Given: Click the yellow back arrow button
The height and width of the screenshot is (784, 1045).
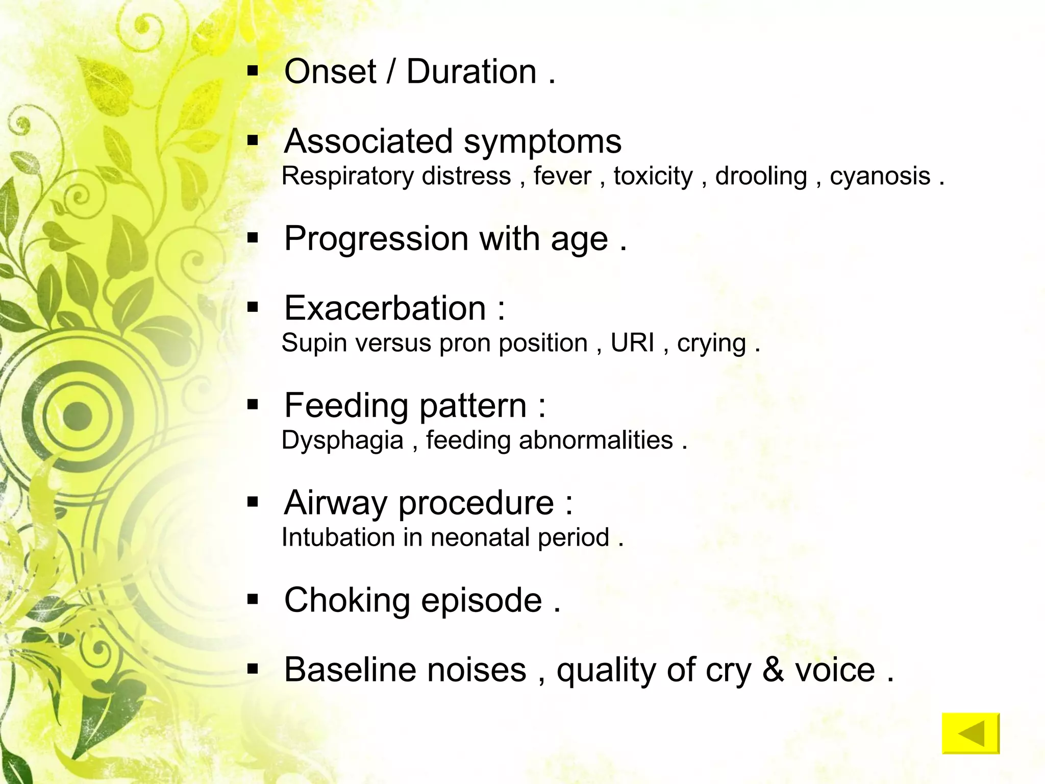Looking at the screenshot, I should point(971,733).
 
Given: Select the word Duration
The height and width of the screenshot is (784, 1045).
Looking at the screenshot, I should point(471,71).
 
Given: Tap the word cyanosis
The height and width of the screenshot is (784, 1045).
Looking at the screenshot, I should point(880,177).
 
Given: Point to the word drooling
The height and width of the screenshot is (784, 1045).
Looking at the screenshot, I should point(761,177).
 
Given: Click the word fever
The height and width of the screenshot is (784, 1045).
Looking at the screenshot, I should point(562,177).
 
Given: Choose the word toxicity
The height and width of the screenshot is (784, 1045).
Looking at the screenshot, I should point(653,177).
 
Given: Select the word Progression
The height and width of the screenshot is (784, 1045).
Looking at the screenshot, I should point(376,239).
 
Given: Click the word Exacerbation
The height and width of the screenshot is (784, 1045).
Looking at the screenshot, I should point(385,308).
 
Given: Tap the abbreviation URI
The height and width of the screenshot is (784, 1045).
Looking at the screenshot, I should point(632,343).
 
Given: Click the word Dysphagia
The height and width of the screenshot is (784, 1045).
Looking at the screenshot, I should point(342,440).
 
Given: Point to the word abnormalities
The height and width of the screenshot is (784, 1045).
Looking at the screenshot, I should point(595,440).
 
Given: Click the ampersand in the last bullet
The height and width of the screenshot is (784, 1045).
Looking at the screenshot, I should point(773,670).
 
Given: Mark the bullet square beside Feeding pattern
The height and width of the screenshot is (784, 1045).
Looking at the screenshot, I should point(253,405).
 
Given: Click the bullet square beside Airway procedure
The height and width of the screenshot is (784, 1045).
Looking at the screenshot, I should point(253,503).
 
